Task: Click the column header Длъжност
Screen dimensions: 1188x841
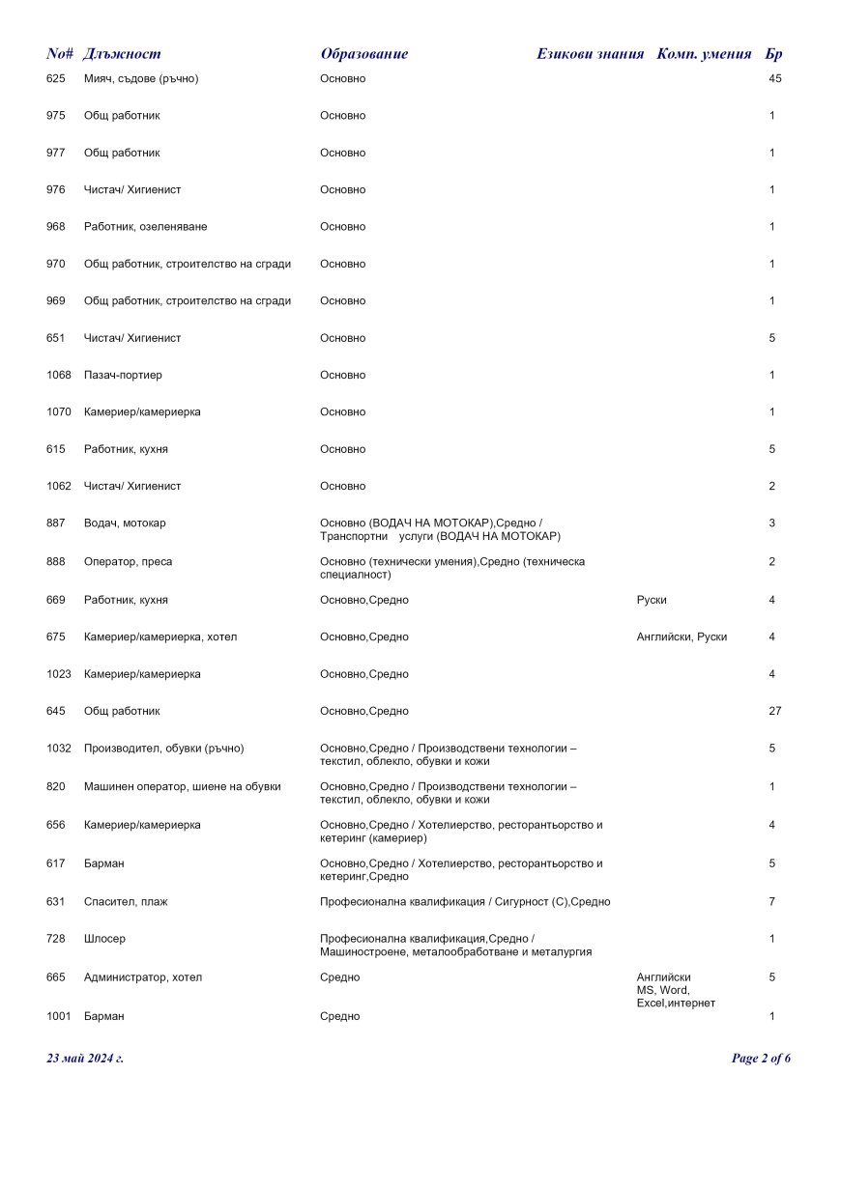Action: [x=122, y=54]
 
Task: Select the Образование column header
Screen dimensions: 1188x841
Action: [x=363, y=54]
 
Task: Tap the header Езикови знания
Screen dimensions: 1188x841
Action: [x=590, y=54]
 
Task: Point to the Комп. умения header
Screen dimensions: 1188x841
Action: [x=704, y=54]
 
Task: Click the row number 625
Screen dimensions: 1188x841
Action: [x=56, y=78]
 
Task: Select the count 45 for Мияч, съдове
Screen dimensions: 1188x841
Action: [x=774, y=78]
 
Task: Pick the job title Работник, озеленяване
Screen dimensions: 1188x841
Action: [x=145, y=227]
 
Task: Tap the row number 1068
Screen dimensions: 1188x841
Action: [x=59, y=375]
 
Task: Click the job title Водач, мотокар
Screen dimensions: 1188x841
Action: [x=125, y=523]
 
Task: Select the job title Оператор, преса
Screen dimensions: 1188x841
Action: [x=128, y=562]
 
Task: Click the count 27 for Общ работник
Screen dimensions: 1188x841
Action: [x=774, y=712]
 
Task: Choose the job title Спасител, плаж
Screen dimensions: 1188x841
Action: [x=126, y=902]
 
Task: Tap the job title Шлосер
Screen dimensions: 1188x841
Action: [x=104, y=939]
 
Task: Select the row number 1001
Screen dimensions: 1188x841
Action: [x=59, y=1017]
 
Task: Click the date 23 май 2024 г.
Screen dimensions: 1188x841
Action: [x=85, y=1059]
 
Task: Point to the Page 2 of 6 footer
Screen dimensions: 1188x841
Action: [x=761, y=1059]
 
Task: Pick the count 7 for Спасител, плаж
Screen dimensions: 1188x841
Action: [x=771, y=902]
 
